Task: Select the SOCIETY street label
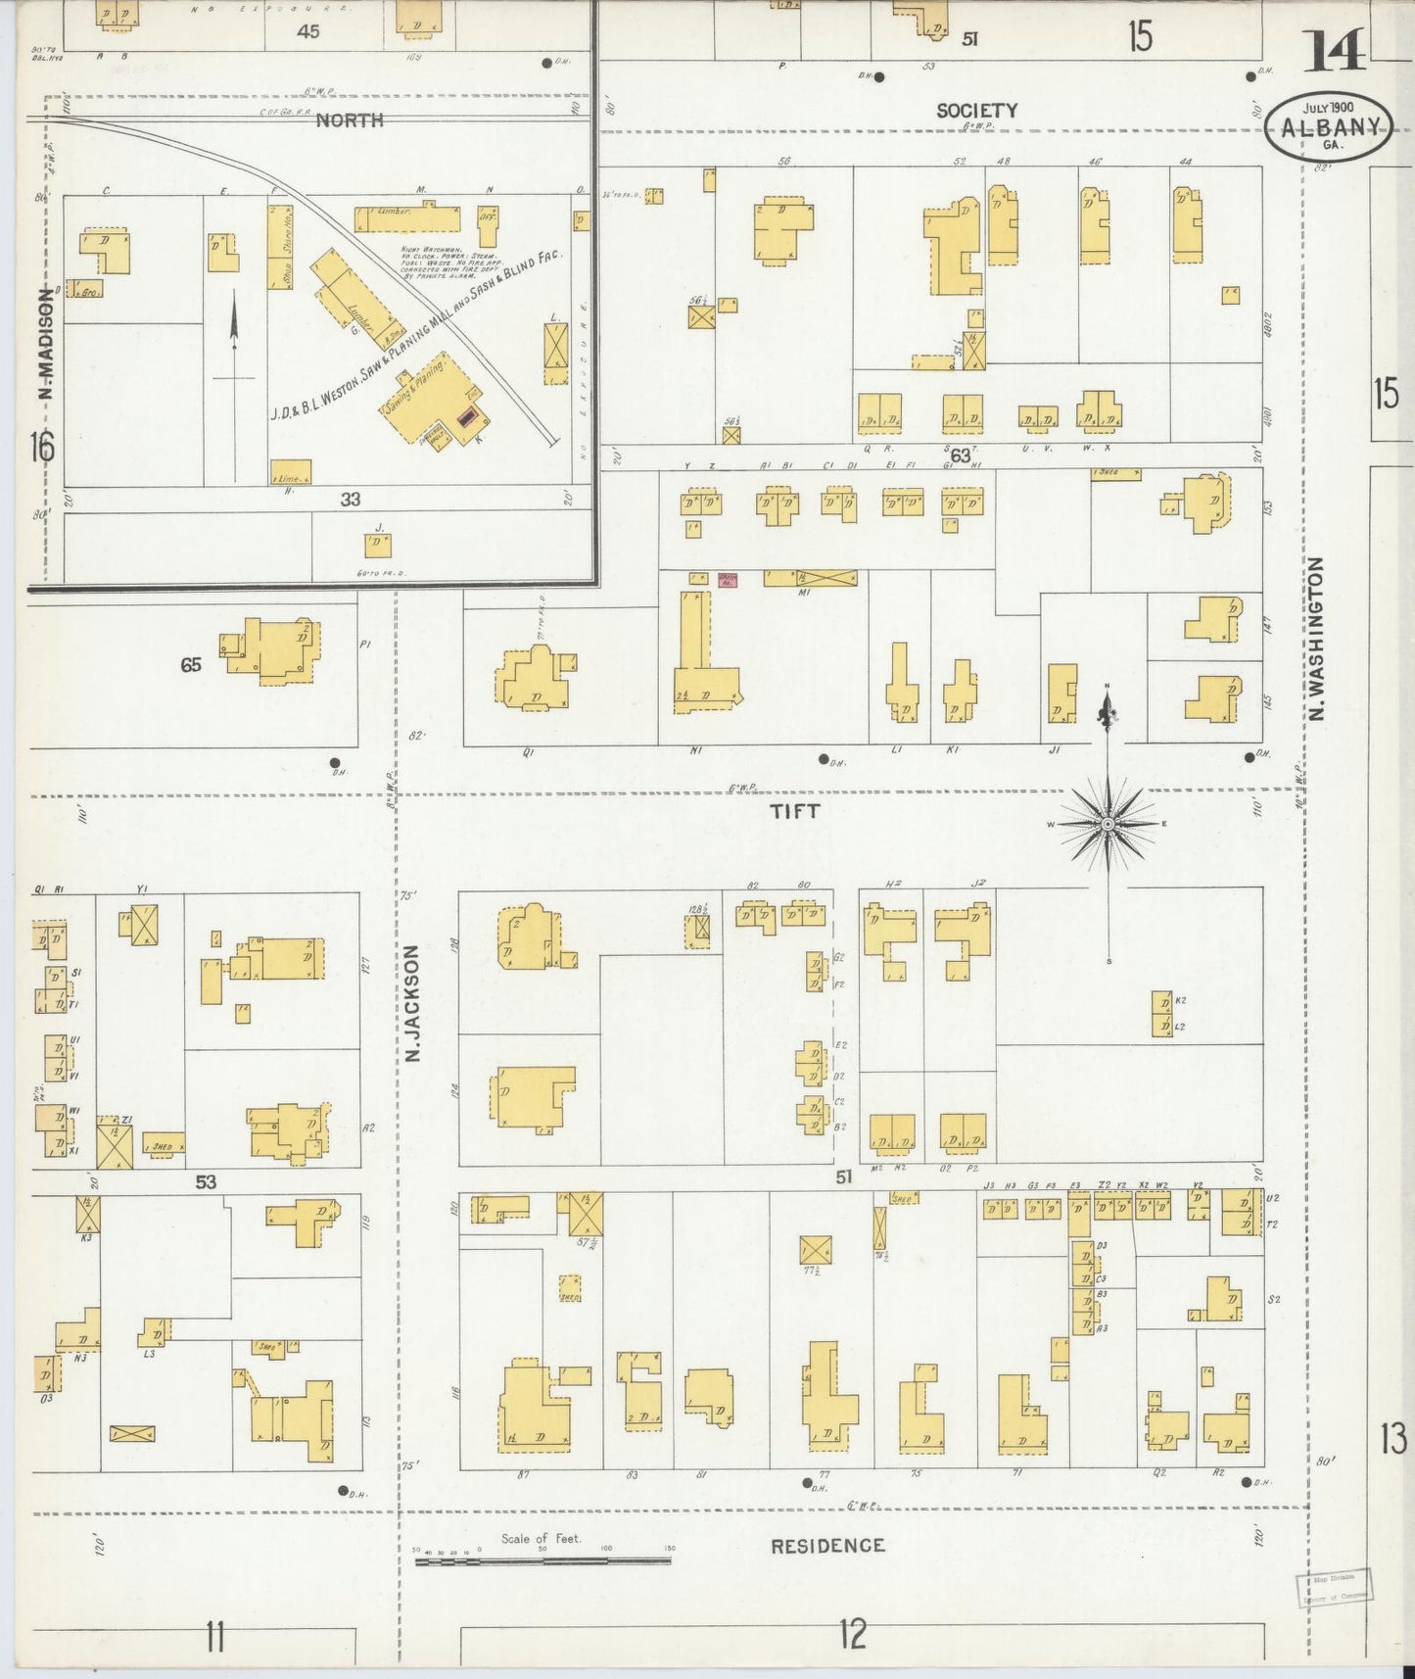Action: pyautogui.click(x=976, y=111)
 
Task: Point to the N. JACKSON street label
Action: pyautogui.click(x=411, y=1003)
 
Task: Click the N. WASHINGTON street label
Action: pyautogui.click(x=1317, y=639)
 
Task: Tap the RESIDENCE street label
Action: pyautogui.click(x=827, y=1546)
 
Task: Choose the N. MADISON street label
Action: pyautogui.click(x=44, y=345)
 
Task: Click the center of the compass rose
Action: pyautogui.click(x=1108, y=825)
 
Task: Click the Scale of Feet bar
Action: pyautogui.click(x=544, y=1559)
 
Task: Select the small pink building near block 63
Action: pyautogui.click(x=728, y=580)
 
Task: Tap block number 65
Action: pyautogui.click(x=190, y=665)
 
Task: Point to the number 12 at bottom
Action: pyautogui.click(x=853, y=1635)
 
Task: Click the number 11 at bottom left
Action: pyautogui.click(x=215, y=1636)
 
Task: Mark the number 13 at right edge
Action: pyautogui.click(x=1393, y=1439)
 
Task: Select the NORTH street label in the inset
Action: pyautogui.click(x=350, y=120)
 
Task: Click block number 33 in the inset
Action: pyautogui.click(x=350, y=500)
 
